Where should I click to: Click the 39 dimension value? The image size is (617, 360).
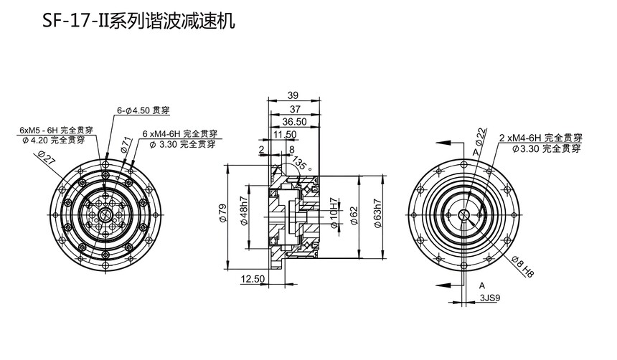pyautogui.click(x=293, y=95)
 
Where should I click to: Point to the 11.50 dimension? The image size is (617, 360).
pyautogui.click(x=285, y=134)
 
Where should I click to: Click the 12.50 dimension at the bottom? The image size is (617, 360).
pyautogui.click(x=253, y=278)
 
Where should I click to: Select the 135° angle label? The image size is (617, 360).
pyautogui.click(x=306, y=164)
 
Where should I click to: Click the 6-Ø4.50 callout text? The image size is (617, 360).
pyautogui.click(x=143, y=110)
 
